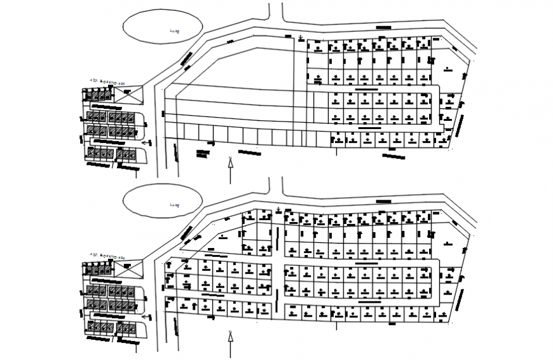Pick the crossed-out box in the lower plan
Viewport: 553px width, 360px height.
click(x=128, y=270)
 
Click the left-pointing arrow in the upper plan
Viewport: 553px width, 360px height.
click(x=148, y=143)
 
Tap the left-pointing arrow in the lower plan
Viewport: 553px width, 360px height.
click(x=148, y=316)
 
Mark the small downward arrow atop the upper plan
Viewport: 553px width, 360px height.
click(x=297, y=38)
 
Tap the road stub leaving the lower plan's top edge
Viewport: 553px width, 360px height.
click(x=275, y=186)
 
